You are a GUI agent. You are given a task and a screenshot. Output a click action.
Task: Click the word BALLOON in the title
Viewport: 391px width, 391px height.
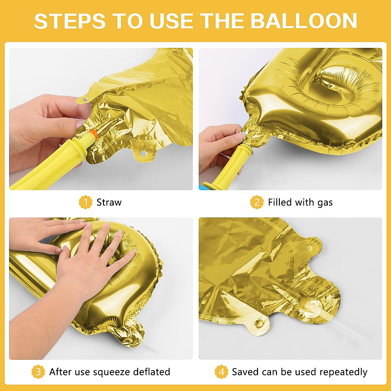point(303,21)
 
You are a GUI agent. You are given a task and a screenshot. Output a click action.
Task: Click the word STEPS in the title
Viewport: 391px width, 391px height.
point(70,21)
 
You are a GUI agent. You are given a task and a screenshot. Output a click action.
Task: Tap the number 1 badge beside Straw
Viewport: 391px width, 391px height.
point(85,202)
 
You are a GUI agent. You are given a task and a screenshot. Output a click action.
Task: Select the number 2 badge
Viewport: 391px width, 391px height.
point(257,202)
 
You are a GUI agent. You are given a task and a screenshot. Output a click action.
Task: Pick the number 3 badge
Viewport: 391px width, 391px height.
point(38,372)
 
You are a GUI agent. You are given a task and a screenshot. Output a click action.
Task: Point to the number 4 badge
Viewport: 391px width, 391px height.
point(221,372)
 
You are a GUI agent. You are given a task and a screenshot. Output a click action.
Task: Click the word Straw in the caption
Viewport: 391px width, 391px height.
point(109,202)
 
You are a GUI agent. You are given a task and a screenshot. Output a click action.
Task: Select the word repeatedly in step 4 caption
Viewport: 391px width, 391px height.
point(343,372)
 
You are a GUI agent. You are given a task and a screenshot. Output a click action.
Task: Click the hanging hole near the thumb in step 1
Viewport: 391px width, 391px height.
point(86,97)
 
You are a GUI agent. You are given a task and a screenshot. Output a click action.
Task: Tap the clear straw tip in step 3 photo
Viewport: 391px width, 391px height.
point(153,348)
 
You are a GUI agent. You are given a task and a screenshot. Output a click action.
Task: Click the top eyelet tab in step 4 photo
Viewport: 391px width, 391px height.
point(308,248)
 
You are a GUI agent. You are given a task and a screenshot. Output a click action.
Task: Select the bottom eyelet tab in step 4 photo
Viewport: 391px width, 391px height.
point(260,324)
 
